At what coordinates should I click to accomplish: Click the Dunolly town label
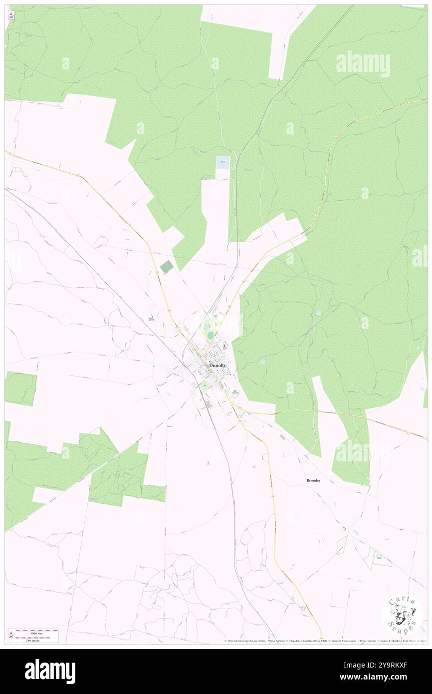pos(217,365)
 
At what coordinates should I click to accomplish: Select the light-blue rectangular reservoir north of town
pos(222,165)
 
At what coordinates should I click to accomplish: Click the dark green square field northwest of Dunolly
pos(167,267)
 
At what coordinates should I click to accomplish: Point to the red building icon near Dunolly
pos(224,346)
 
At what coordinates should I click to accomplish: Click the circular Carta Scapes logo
pos(402,614)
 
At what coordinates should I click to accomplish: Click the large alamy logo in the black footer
pos(50,672)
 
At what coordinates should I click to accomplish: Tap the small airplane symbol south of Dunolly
pos(254,467)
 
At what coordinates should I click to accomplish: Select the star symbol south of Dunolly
pos(208,463)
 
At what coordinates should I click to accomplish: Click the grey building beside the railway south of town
pos(209,404)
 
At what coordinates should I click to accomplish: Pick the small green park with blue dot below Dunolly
pos(205,384)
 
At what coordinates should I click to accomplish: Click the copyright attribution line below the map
pos(324,641)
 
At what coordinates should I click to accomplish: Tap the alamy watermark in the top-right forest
pos(363,63)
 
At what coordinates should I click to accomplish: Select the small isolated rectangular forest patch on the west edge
pos(20,388)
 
